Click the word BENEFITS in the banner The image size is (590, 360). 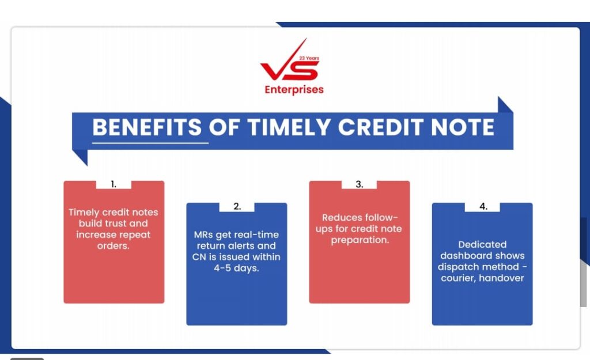coord(147,127)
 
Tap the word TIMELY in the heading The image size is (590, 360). coord(289,127)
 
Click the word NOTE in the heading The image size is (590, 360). coord(463,127)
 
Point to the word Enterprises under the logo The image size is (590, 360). coord(294,90)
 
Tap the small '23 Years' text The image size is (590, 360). coord(309,58)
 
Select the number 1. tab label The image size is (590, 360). coord(114,184)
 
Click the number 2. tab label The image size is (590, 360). coord(237,207)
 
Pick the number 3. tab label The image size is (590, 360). coord(360,184)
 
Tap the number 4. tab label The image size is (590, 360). coord(483,207)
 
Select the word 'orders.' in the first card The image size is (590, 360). coord(114,246)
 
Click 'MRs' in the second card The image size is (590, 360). coord(203,235)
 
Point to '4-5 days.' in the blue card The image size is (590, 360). coord(236,268)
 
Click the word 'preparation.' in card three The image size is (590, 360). coord(360,240)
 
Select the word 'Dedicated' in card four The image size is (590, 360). coord(482,245)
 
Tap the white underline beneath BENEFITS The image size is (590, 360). coord(150,143)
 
